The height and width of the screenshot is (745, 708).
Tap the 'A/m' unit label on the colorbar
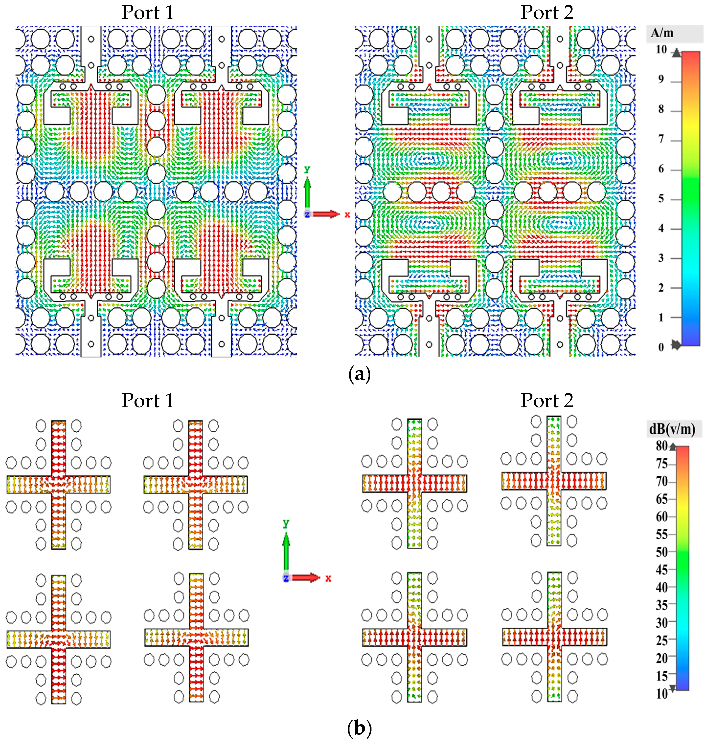[662, 33]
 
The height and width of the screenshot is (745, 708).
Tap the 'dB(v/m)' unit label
[672, 429]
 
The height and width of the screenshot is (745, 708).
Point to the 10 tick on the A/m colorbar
[661, 50]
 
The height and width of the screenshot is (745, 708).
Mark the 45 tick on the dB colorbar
[662, 569]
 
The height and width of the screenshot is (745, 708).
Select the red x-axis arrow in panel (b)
[306, 578]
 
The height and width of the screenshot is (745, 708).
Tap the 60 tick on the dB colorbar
[662, 517]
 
